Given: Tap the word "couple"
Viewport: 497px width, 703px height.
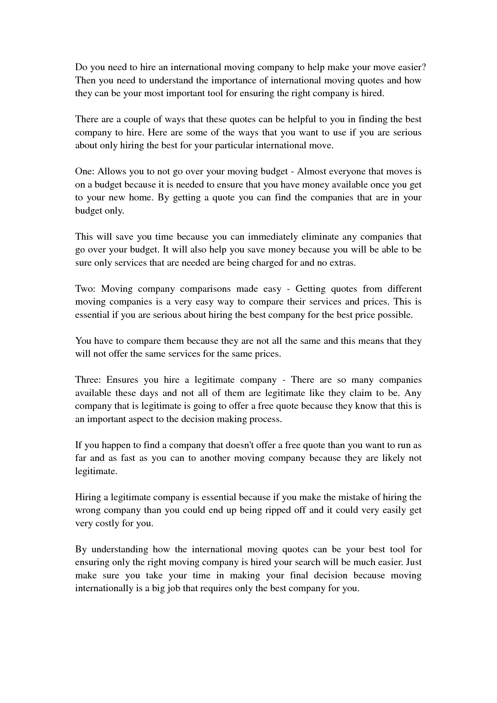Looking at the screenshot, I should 137,119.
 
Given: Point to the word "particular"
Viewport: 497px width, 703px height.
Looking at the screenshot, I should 234,145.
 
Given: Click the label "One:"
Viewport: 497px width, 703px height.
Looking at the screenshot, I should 85,172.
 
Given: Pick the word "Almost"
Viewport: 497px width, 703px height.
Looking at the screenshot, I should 311,172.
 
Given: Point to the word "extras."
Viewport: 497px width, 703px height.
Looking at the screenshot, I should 342,263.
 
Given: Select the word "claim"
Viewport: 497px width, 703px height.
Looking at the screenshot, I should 358,393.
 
